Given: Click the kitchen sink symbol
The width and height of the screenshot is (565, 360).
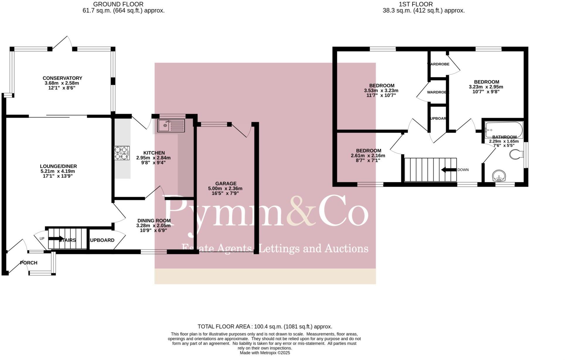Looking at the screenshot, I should (x=171, y=126).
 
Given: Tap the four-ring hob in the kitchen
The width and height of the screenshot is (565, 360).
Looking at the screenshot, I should (x=122, y=153).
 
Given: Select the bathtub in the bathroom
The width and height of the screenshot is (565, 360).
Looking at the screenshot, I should (x=504, y=130).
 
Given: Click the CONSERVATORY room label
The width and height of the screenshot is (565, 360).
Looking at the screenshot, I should (x=62, y=78).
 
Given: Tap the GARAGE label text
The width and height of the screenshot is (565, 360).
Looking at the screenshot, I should (x=226, y=184).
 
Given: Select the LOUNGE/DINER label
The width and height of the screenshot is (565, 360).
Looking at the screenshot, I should (x=58, y=166).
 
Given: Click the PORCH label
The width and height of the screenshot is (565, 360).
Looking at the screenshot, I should (x=29, y=263).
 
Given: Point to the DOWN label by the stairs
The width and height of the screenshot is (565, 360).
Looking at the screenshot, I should (x=463, y=170).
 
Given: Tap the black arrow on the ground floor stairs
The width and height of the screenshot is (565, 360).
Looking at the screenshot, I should (x=55, y=238).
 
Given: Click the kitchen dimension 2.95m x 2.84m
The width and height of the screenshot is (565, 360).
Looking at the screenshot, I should (x=153, y=158).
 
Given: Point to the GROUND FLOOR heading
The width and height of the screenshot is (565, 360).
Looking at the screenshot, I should (x=118, y=4).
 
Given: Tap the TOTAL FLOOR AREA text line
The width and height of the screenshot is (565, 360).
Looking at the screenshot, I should (x=265, y=327).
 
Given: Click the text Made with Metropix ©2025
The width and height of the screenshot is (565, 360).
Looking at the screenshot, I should (x=265, y=353).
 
